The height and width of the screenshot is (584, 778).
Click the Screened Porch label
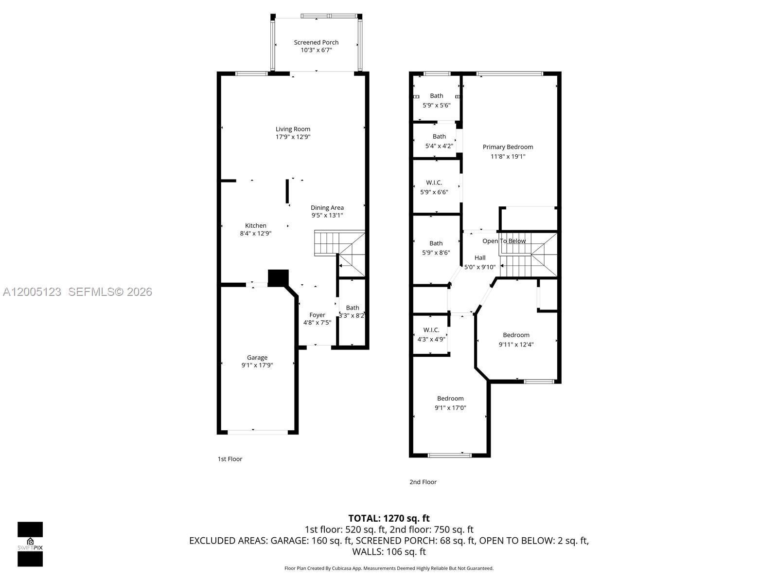coord(316,42)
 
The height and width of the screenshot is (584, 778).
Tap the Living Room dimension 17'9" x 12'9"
coord(293,137)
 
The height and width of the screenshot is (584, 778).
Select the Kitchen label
coord(256,225)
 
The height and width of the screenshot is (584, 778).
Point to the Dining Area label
coord(327,208)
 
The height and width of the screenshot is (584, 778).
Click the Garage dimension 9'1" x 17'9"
coord(257,365)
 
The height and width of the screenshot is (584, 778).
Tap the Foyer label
coord(317,315)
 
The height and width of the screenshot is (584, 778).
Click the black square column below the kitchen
coord(278,277)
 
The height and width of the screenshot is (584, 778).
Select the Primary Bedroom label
coord(508,147)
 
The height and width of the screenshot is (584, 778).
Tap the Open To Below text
coord(504,241)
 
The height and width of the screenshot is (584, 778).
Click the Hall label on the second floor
coord(480,258)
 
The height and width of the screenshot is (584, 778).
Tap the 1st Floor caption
coord(230,459)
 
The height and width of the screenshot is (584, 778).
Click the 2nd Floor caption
coord(423,482)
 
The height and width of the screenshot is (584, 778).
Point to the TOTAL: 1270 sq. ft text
coord(389,518)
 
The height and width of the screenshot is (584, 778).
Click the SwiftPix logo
coord(30,544)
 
